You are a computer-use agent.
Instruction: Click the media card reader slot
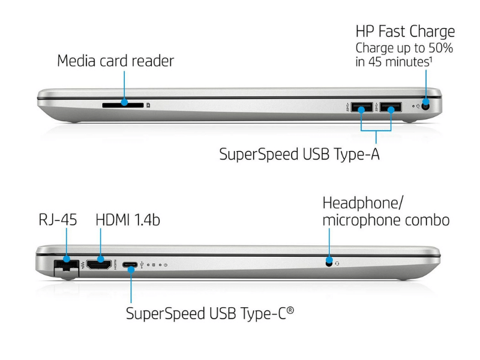123,105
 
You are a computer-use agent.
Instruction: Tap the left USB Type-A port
362,107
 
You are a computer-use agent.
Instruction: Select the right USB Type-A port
391,107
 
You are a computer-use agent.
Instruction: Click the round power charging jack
425,106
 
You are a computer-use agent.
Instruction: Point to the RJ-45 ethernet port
66,265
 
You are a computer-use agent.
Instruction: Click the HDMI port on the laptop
98,264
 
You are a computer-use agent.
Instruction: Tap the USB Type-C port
130,265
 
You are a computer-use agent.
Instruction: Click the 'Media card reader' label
115,61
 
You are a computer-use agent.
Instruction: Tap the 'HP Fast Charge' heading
405,32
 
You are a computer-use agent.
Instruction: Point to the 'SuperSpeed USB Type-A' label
299,154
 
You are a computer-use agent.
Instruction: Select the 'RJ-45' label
58,220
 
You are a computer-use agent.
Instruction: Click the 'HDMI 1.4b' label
128,220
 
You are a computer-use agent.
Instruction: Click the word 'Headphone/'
363,203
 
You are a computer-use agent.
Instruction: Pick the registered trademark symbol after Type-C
290,310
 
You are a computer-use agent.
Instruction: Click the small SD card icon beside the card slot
148,105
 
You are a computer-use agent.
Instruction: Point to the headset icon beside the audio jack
337,263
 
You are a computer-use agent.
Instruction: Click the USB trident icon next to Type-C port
142,265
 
